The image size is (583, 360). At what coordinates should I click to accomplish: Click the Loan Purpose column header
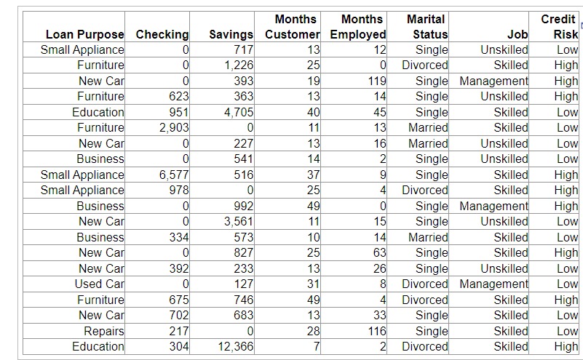coord(84,34)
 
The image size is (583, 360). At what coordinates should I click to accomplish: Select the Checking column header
coord(162,34)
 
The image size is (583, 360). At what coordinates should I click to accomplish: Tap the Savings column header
coord(231,34)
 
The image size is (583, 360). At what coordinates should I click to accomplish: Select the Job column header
coord(519,34)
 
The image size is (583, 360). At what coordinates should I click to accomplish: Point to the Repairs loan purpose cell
coord(103,331)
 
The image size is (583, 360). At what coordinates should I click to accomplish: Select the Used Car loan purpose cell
coord(99,284)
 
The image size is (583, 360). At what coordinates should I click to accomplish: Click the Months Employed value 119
coord(376,81)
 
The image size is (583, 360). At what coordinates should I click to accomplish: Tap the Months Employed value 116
coord(376,331)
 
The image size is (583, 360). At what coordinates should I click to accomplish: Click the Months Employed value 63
coord(378,253)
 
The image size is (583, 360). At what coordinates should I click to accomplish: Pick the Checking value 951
coord(178,112)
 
